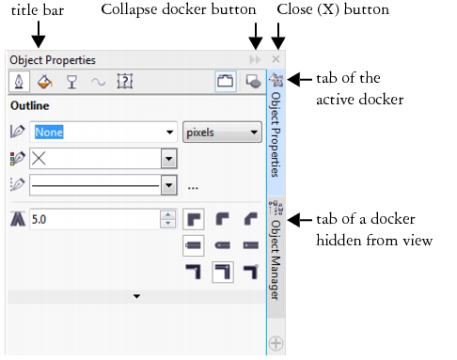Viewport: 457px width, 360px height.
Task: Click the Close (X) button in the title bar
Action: tap(276, 59)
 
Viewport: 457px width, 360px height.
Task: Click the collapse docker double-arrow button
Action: tap(255, 59)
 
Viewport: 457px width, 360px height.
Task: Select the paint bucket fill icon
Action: tap(45, 82)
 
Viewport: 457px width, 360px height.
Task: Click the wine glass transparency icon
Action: tap(71, 82)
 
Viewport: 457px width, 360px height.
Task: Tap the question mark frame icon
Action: tap(125, 82)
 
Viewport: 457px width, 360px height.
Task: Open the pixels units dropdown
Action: tap(222, 133)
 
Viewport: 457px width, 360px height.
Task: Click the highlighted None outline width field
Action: tap(49, 133)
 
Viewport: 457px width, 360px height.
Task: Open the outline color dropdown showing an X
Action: tap(103, 159)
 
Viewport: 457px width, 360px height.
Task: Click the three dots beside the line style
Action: tap(193, 188)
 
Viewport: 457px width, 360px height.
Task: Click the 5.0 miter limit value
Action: tap(39, 219)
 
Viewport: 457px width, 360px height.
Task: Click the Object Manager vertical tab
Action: tap(276, 251)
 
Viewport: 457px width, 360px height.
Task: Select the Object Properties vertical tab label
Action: tap(276, 134)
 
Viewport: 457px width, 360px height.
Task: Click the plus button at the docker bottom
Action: tap(276, 343)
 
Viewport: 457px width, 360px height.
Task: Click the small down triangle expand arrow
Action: tap(136, 296)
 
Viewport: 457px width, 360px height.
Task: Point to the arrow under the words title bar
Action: tap(39, 35)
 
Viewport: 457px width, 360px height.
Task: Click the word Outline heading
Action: tap(30, 105)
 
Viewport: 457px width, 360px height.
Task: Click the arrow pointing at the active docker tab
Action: tap(300, 80)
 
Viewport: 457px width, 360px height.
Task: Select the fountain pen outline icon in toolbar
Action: tap(19, 82)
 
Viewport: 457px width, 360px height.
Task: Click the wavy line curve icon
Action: tap(99, 83)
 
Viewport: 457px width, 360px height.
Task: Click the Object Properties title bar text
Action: tap(53, 60)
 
